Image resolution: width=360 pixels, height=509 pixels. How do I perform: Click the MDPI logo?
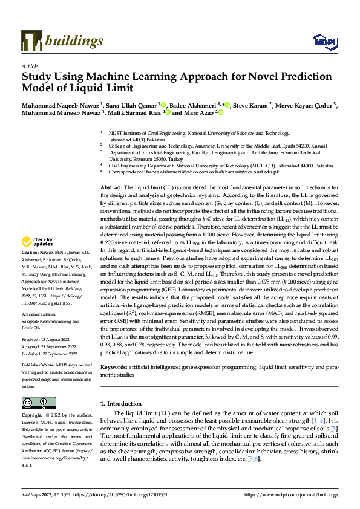tap(322, 41)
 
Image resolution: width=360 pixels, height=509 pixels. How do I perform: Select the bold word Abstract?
tap(111, 172)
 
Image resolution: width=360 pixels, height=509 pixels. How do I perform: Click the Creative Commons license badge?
tap(35, 403)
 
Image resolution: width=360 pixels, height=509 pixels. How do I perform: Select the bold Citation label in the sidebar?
tap(30, 268)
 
